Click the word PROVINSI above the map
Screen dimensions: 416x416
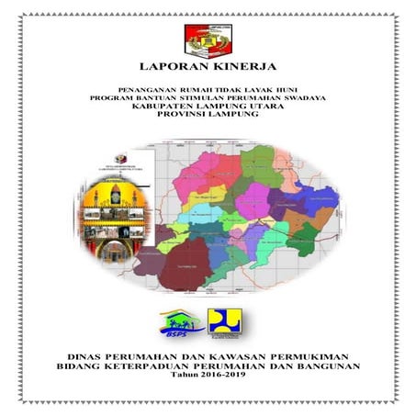click(187, 117)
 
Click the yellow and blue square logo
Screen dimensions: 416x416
click(223, 320)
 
